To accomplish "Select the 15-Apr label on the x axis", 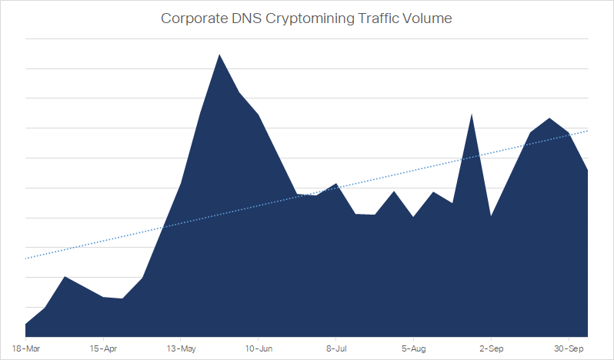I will click(x=103, y=347).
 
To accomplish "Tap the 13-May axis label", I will click(x=180, y=347).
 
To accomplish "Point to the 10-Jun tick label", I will click(x=258, y=347).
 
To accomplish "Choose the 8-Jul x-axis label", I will click(x=335, y=347).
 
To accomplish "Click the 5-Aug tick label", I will click(x=413, y=347).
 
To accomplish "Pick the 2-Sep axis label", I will click(x=491, y=347).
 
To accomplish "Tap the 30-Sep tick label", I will click(x=569, y=347).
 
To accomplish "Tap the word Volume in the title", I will click(x=426, y=18).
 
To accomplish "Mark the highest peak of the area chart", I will click(x=219, y=55).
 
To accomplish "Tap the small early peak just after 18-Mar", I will click(x=65, y=277).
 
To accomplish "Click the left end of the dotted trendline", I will click(x=26, y=258).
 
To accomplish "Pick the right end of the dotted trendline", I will click(x=588, y=131).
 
